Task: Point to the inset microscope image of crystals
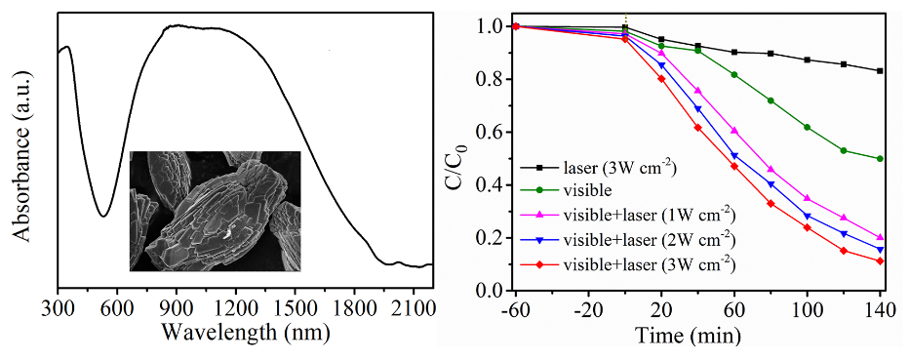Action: click(216, 211)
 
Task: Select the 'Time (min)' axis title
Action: click(688, 335)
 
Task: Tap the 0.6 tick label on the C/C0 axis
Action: click(493, 132)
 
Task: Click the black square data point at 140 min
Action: click(880, 70)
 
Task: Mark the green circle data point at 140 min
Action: click(880, 158)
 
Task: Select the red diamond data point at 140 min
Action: click(880, 260)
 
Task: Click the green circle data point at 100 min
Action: click(807, 127)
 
